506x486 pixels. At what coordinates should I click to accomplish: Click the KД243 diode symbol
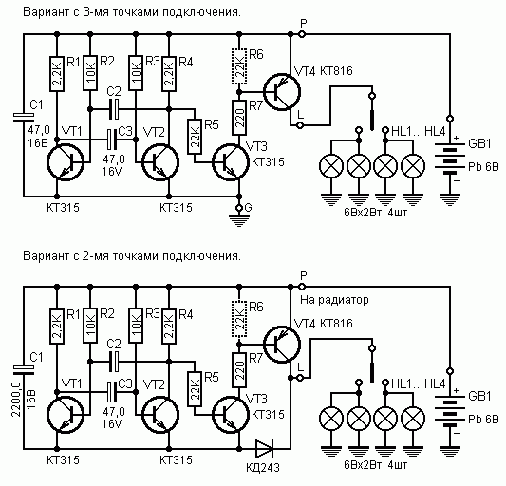click(x=264, y=449)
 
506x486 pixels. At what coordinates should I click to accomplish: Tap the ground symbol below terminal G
click(x=239, y=220)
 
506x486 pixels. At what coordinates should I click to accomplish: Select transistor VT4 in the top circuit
click(x=282, y=92)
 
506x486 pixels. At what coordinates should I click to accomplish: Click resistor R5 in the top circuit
click(x=195, y=137)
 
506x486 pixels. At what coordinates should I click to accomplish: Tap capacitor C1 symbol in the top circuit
click(x=23, y=118)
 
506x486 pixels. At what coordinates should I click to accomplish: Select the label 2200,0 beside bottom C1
click(x=16, y=399)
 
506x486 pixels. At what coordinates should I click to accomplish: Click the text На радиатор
click(x=334, y=300)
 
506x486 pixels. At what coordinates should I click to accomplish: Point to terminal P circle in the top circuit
click(x=302, y=34)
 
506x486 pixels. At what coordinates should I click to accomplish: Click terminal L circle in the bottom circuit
click(x=300, y=377)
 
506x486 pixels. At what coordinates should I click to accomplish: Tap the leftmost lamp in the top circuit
click(x=331, y=166)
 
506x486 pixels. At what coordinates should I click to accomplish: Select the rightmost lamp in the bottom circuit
click(x=413, y=419)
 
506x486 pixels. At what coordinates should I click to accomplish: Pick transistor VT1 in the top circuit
click(x=66, y=161)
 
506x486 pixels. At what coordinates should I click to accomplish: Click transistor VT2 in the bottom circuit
click(x=160, y=415)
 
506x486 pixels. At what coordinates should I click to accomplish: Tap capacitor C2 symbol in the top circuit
click(x=114, y=109)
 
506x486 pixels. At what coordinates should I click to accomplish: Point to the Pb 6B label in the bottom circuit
click(x=483, y=419)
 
